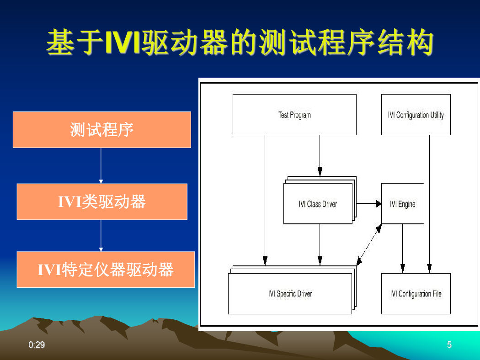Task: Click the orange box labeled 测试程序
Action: click(101, 130)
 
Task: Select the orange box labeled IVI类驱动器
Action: click(102, 201)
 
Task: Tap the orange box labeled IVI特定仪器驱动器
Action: click(106, 270)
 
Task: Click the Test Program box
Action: click(294, 115)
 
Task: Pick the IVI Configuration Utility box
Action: click(416, 115)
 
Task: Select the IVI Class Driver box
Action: click(318, 204)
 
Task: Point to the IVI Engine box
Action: click(403, 204)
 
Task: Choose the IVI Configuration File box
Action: click(416, 294)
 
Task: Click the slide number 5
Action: click(449, 345)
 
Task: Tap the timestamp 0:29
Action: click(37, 345)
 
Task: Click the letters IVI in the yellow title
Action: click(123, 42)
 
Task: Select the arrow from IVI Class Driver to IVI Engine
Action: click(369, 203)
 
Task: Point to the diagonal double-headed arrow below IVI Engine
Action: click(369, 245)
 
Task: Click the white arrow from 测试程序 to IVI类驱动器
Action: click(101, 166)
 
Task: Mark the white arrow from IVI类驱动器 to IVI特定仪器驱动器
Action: click(101, 236)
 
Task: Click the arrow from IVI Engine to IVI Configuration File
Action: click(403, 249)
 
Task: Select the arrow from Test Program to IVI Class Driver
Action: click(320, 156)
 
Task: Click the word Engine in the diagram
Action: click(406, 204)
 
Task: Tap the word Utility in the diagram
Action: click(437, 115)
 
